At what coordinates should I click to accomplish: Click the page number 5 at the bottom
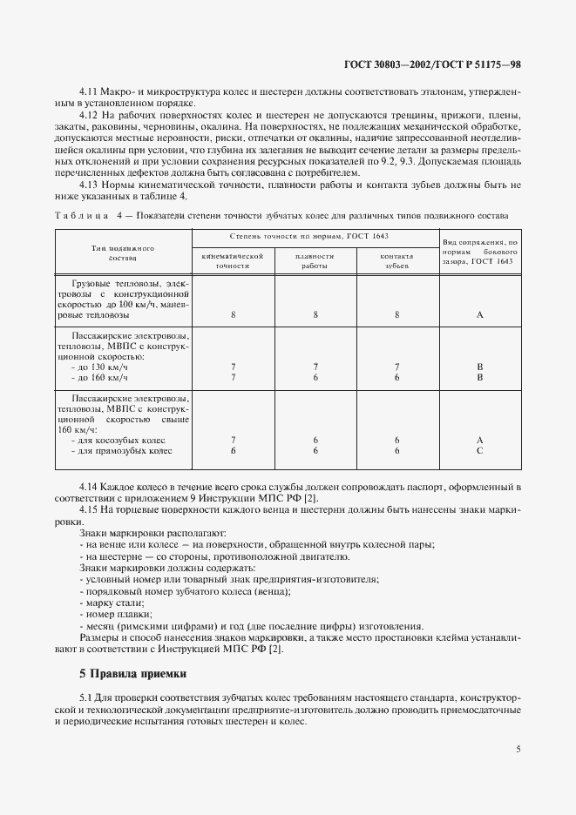click(x=518, y=748)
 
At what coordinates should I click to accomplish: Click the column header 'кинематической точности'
click(x=232, y=260)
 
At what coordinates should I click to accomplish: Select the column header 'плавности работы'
click(x=315, y=260)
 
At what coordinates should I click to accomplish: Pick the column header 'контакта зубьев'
click(x=396, y=260)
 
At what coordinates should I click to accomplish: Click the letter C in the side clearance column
click(x=479, y=451)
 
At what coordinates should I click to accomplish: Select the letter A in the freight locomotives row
click(x=479, y=315)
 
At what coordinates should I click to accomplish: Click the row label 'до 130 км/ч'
click(x=102, y=367)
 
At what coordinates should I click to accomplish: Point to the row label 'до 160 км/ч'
click(x=102, y=378)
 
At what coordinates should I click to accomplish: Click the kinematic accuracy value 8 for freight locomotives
click(x=233, y=315)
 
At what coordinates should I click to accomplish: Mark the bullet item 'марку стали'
click(x=111, y=603)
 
